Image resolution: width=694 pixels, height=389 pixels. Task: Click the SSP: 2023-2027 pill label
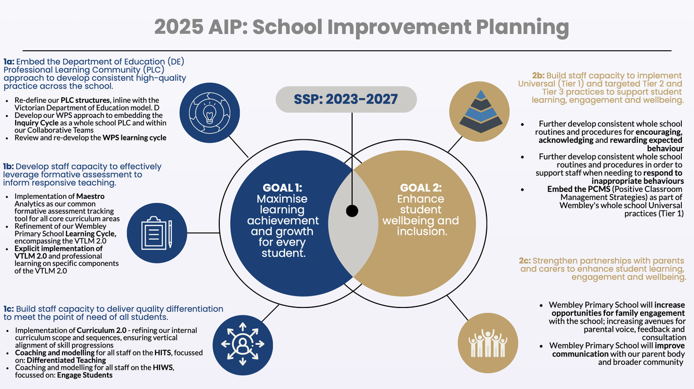(x=346, y=99)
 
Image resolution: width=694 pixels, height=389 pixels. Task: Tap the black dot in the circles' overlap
(x=352, y=211)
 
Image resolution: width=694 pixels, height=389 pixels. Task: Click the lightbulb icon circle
(x=210, y=113)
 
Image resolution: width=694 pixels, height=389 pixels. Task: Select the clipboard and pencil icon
(x=157, y=233)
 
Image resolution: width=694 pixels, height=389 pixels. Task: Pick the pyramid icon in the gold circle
(x=481, y=112)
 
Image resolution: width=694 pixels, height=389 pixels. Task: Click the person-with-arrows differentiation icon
(x=242, y=344)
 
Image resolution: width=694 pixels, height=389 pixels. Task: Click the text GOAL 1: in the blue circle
(x=282, y=188)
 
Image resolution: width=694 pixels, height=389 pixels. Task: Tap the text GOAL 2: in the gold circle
(x=421, y=188)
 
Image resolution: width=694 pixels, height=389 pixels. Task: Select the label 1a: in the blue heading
(x=9, y=62)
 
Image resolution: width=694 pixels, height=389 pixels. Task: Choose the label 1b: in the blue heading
(x=8, y=166)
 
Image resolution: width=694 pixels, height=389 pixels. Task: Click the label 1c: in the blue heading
(x=9, y=309)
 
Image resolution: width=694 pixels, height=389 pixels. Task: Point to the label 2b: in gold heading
(x=538, y=76)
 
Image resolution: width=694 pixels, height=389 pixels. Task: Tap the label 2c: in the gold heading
(x=525, y=261)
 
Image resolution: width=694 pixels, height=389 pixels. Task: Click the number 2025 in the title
(x=179, y=27)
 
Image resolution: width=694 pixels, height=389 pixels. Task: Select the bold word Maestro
(x=90, y=197)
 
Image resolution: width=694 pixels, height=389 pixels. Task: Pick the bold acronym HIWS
(x=163, y=368)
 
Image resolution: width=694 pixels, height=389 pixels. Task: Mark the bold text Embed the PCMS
(x=579, y=189)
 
